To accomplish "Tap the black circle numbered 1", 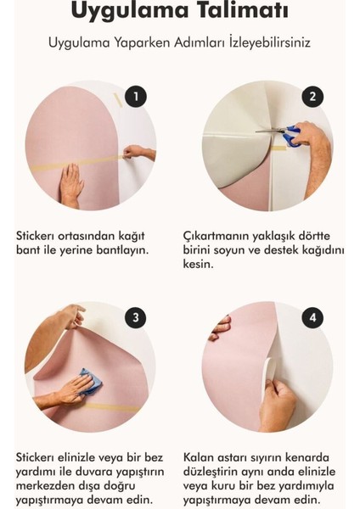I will click(135, 96).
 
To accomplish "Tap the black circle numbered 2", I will click(313, 96).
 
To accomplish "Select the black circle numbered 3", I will click(135, 318).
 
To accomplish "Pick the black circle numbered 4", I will click(313, 318).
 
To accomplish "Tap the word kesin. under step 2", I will click(200, 264).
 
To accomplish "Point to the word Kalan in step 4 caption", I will click(200, 457).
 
